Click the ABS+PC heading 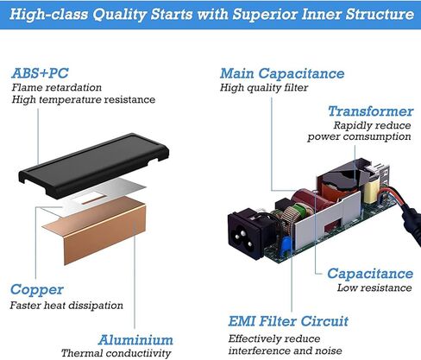(x=40, y=73)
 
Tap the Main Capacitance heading (x=282, y=73)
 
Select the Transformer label (x=371, y=111)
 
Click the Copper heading (x=37, y=290)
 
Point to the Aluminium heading (x=135, y=340)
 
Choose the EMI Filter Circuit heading (x=288, y=321)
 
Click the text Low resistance (x=374, y=287)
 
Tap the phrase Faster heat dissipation (x=66, y=306)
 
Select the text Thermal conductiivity (x=116, y=353)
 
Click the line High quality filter (x=264, y=87)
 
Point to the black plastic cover (x=93, y=165)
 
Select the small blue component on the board (x=286, y=245)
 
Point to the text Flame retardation (x=57, y=87)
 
